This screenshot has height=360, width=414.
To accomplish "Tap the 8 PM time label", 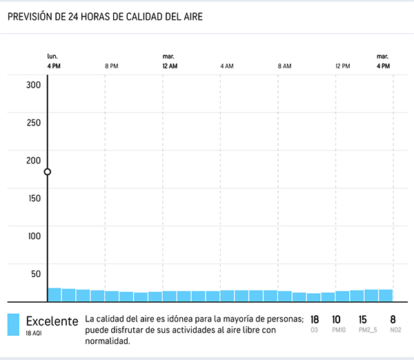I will point(111,66).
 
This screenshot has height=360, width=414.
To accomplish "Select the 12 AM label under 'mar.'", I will point(170,66).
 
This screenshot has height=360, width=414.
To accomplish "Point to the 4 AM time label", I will point(226,66).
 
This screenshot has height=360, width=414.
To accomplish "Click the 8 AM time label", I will point(284,66).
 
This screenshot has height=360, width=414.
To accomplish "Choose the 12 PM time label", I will point(342,66).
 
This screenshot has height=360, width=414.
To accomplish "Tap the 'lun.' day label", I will point(52,56).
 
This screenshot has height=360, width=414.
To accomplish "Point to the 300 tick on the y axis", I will point(34,85).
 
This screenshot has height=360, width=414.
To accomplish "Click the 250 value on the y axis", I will point(34,123).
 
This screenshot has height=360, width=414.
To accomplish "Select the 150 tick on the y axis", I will point(34,198).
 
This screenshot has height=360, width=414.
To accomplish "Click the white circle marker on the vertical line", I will point(48,172).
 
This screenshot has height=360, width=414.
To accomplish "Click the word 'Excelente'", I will point(52,321).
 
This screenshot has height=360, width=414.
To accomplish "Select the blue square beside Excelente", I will point(13,325).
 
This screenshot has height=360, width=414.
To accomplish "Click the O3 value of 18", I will point(315,319).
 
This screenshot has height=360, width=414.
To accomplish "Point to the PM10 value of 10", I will point(336,319).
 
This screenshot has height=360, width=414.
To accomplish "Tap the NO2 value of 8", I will point(393,319).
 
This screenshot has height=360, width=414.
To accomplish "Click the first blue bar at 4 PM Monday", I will point(55,294).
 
